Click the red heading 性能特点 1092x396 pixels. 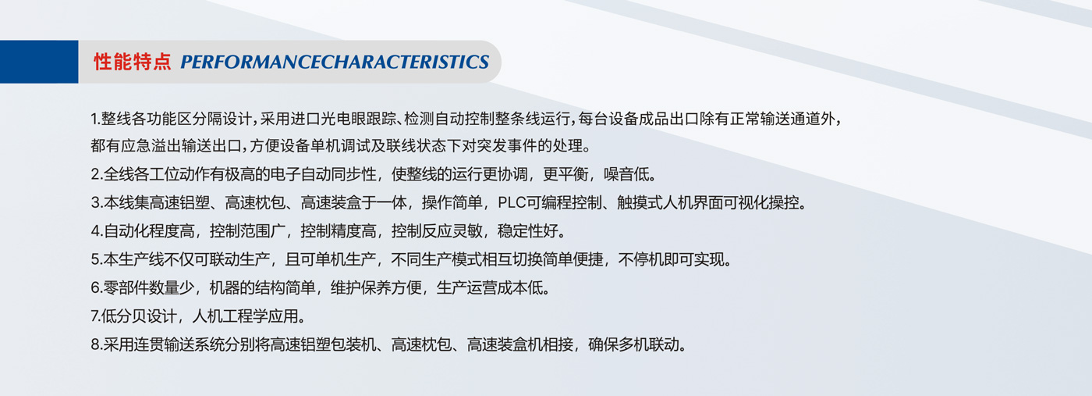point(132,62)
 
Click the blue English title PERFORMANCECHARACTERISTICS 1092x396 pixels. point(335,62)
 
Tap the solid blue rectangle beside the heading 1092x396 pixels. point(39,62)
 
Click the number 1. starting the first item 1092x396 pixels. point(95,119)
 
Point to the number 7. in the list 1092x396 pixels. point(96,316)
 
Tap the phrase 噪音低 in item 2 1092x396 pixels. point(626,174)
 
